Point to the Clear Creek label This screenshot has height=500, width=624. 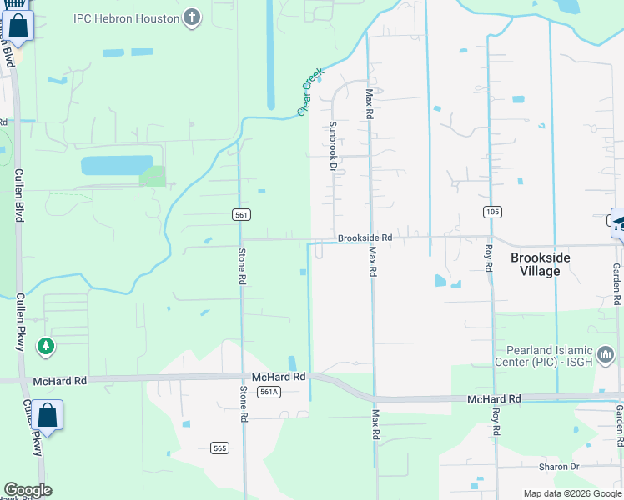tap(310, 92)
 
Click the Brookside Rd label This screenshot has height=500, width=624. tap(365, 237)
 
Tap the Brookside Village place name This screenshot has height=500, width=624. tap(540, 264)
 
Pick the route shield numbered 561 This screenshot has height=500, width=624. tap(241, 215)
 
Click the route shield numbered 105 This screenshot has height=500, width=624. tap(492, 212)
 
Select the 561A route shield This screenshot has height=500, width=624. tap(268, 392)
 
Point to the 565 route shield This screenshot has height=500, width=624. tap(219, 448)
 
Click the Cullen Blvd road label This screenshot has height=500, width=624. tap(18, 194)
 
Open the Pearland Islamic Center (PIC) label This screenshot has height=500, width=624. tap(547, 356)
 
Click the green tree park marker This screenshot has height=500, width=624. tap(47, 346)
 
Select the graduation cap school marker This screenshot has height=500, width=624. tap(619, 223)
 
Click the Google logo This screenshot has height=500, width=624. tap(28, 490)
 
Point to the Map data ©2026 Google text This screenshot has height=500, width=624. tap(571, 493)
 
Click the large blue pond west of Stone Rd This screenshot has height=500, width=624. tap(116, 164)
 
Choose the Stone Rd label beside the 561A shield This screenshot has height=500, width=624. tap(244, 403)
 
